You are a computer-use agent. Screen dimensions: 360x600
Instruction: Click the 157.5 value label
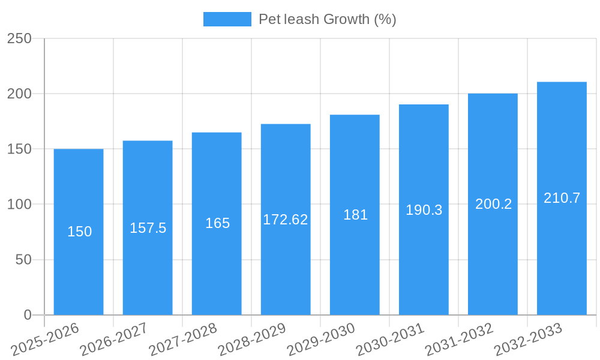point(148,228)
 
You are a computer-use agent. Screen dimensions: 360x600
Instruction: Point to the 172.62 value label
point(286,220)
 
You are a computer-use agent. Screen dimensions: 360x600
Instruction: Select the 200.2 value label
point(493,204)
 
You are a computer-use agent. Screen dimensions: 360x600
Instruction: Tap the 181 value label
point(355,215)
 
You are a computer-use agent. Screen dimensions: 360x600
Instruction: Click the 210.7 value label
point(562,198)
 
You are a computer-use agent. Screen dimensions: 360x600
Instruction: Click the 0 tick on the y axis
point(27,315)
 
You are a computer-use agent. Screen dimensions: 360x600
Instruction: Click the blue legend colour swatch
point(227,19)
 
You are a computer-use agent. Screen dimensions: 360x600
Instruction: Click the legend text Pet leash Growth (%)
point(327,19)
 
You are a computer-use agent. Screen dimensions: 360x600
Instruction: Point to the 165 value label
point(217,223)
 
